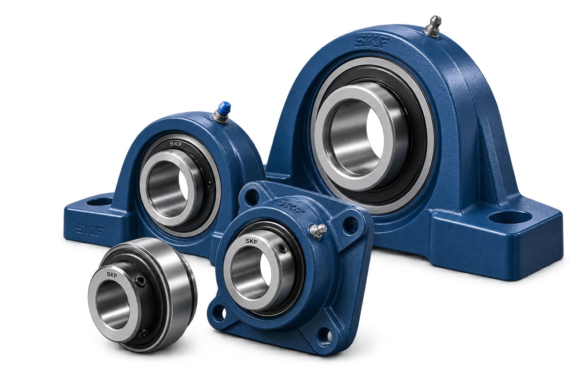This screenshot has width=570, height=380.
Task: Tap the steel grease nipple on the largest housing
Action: coord(432,26)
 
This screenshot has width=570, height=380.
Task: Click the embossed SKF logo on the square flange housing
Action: coord(291,207)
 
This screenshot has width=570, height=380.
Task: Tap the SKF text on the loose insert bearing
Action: coord(112,274)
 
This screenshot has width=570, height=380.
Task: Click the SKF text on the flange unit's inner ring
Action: coord(251,241)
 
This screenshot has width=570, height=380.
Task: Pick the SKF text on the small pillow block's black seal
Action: coord(176,144)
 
